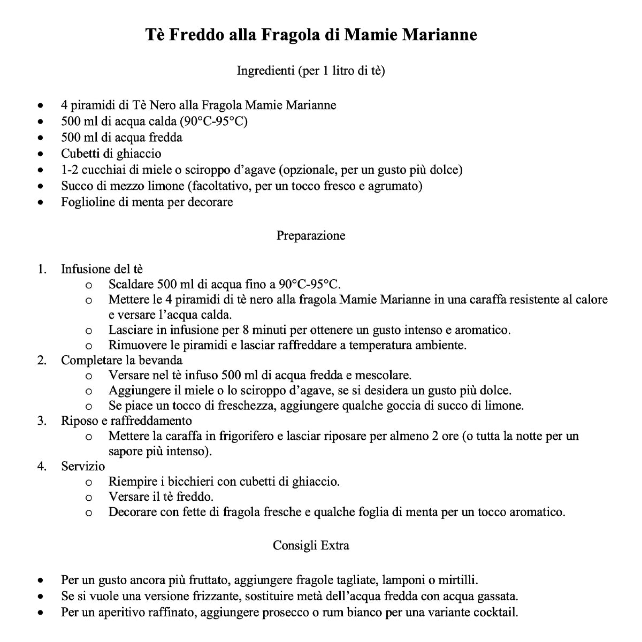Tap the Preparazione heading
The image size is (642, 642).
point(311,235)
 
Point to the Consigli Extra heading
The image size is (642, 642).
point(311,545)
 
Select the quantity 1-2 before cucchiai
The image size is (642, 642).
point(71,170)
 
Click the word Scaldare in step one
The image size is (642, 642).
point(131,284)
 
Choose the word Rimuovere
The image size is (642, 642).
point(135,345)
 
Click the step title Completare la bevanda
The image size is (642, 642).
point(121,360)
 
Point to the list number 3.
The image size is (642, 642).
point(41,421)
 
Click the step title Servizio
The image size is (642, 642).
point(83,466)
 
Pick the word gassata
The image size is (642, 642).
point(499,596)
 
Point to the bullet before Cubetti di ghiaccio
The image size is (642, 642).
point(41,154)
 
